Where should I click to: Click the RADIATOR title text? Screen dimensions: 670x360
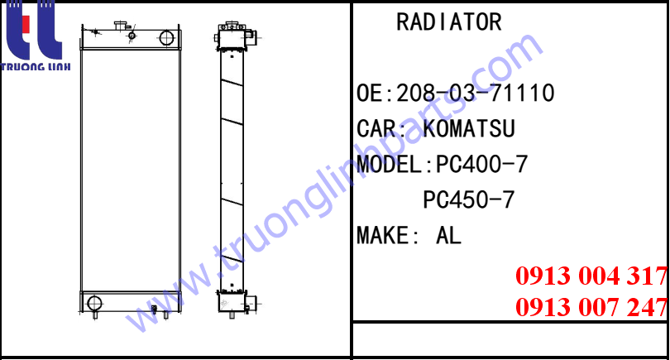[x=448, y=22]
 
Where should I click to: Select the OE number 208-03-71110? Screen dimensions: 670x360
[x=475, y=94]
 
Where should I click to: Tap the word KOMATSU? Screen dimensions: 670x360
[x=469, y=129]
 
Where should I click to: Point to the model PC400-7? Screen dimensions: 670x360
[x=481, y=164]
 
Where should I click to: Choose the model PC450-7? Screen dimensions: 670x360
[x=469, y=199]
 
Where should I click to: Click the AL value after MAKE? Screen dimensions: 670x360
[x=448, y=236]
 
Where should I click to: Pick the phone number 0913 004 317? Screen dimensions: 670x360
[x=591, y=276]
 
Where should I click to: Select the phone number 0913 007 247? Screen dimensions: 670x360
[x=591, y=307]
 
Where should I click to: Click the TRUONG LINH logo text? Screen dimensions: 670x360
[x=36, y=67]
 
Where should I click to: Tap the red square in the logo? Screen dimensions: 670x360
[x=26, y=24]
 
